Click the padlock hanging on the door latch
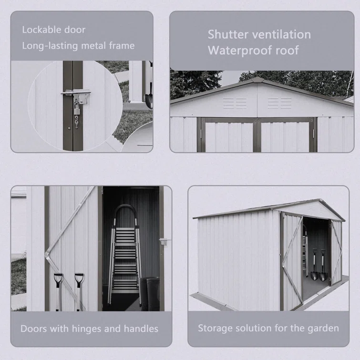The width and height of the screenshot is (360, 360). [77, 109]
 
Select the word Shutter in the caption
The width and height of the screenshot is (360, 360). [228, 35]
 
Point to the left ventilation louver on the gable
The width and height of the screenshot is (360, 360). [235, 103]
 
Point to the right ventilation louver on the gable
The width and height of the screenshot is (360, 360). [279, 103]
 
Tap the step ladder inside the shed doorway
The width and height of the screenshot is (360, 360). [124, 255]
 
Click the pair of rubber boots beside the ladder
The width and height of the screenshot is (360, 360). [149, 294]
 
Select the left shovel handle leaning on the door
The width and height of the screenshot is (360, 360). [58, 292]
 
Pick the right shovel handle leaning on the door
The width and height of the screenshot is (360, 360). [79, 292]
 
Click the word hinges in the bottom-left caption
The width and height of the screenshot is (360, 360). [87, 329]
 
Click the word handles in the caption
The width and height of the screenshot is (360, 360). [141, 329]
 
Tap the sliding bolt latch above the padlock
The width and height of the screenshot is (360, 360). [76, 93]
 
